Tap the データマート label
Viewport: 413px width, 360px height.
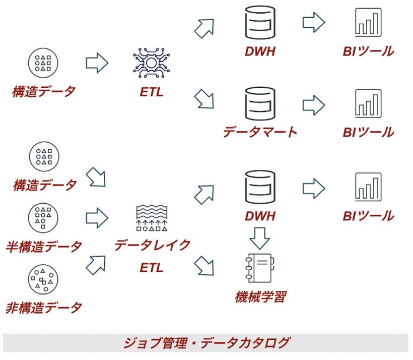260,132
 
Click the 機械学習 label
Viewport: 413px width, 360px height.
260,297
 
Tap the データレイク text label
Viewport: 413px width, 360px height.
152,245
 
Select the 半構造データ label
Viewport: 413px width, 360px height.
44,247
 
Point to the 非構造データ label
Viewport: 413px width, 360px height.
44,307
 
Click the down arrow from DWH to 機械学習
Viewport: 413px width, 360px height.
260,238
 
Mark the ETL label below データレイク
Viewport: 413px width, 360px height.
152,268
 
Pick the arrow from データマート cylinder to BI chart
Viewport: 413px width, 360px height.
314,104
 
